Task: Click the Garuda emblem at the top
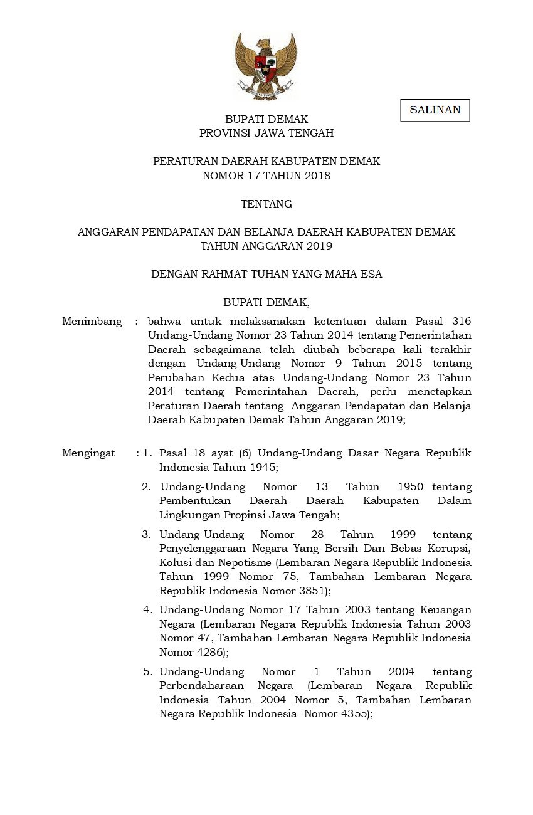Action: coord(266,66)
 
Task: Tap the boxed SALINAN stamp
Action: coord(435,110)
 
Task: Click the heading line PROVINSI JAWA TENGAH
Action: coord(266,133)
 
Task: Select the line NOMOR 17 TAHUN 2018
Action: coord(266,176)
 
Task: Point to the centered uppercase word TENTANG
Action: coord(266,204)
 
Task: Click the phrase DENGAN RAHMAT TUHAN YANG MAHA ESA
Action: coord(266,274)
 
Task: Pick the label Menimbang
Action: coord(92,322)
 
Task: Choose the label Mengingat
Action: coord(88,453)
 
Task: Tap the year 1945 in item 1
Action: coord(264,467)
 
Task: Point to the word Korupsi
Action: coord(451,549)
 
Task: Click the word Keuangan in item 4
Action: coord(449,609)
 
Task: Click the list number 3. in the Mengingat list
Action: coord(147,535)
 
